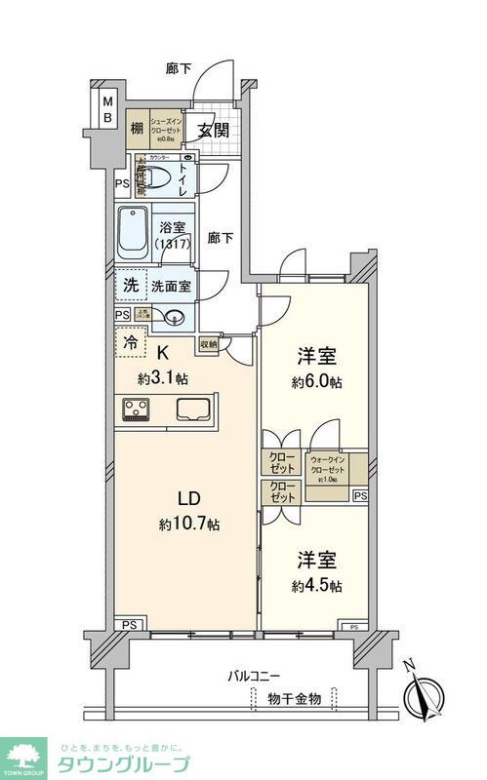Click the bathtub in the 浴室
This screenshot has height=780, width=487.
point(132,234)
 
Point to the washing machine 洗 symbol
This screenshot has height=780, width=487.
point(130,286)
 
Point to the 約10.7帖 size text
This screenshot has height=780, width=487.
point(189,525)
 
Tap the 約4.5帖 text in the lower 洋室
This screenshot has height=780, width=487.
point(316,586)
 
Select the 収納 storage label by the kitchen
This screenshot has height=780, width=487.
point(208,344)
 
